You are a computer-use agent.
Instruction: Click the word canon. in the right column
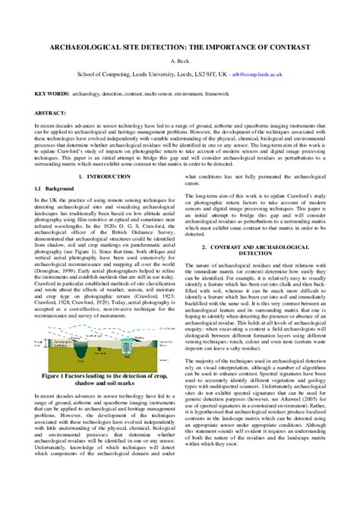point(194,183)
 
